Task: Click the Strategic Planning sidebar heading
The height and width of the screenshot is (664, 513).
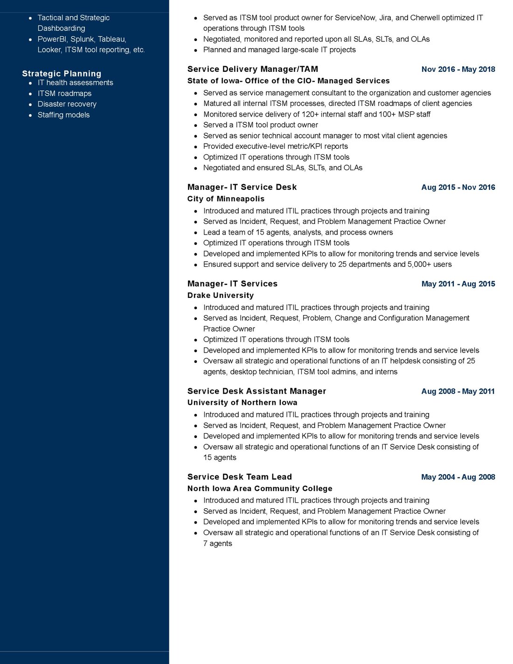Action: point(62,74)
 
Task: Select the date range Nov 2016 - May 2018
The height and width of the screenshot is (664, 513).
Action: point(458,69)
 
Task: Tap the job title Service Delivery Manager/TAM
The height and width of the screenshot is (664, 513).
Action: point(252,69)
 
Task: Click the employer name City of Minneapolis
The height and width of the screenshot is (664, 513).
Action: point(226,199)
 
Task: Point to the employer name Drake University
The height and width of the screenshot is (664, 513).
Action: point(221,296)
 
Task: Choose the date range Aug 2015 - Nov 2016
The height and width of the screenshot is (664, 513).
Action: point(458,187)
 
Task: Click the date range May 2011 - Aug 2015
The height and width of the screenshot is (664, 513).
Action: point(458,284)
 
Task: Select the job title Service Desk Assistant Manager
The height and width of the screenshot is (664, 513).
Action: point(256,391)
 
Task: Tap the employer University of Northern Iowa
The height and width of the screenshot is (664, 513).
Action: point(242,403)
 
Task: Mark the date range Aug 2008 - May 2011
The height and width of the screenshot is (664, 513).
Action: point(458,392)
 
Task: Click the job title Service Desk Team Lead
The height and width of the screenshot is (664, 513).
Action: point(239,477)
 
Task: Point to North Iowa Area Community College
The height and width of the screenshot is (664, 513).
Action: point(260,489)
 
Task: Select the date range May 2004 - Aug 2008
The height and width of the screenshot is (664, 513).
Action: point(458,477)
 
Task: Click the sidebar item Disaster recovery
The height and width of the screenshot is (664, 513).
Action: point(67,104)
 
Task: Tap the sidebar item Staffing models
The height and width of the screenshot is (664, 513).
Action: point(63,115)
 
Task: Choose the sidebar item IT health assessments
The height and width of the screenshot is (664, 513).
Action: point(76,83)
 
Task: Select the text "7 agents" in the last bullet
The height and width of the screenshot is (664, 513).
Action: point(217,544)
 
